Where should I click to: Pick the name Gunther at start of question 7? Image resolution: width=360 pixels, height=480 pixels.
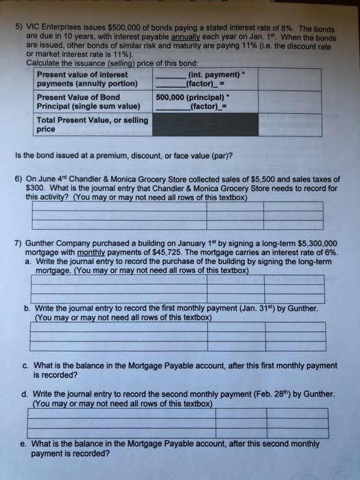point(42,243)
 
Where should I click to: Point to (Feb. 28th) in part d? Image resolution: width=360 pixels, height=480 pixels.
point(263,396)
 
